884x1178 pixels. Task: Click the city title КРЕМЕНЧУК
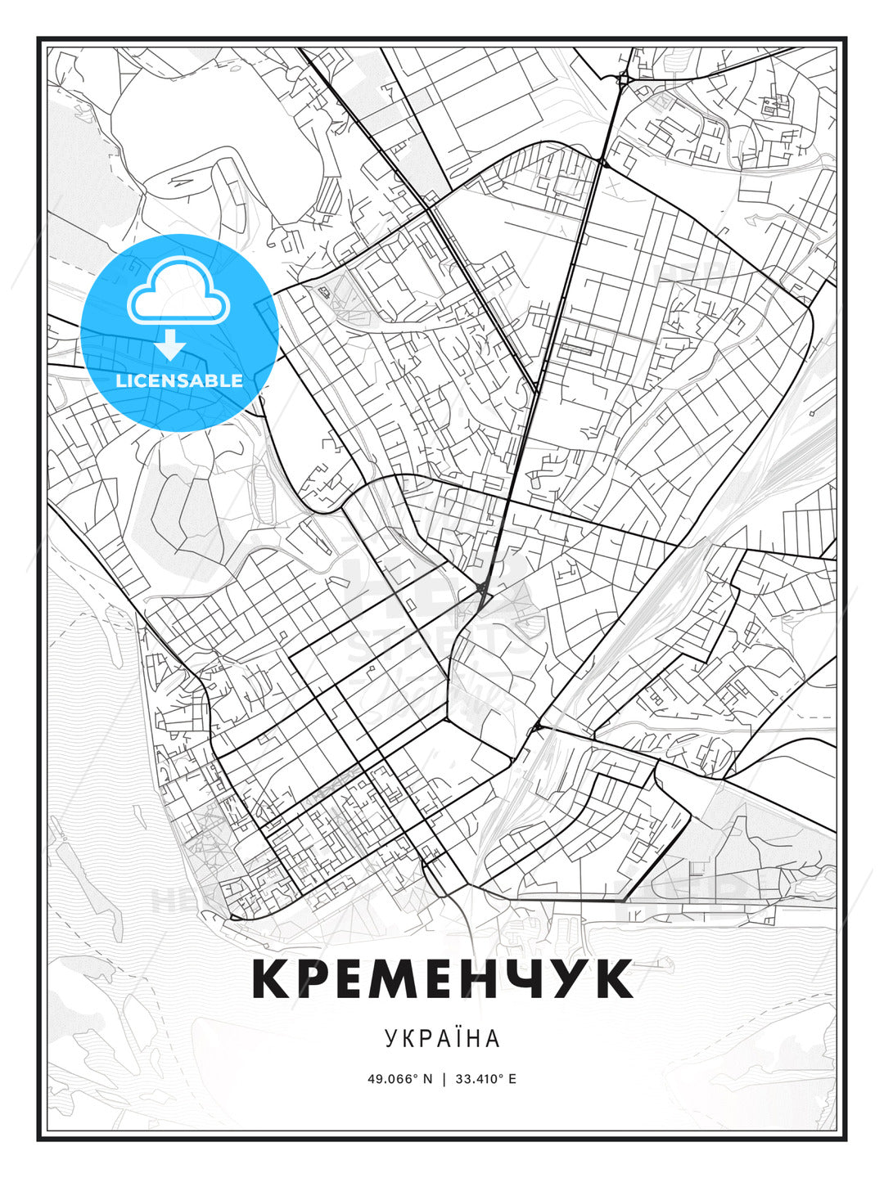click(x=442, y=978)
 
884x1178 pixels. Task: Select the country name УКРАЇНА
click(x=442, y=1038)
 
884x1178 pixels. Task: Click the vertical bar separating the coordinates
click(x=443, y=1078)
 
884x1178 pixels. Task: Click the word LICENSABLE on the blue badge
click(x=179, y=380)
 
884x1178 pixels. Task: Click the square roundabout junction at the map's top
click(x=625, y=79)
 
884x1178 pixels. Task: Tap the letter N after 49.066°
click(x=426, y=1078)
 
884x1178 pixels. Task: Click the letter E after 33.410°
click(x=512, y=1078)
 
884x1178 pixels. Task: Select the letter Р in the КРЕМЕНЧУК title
click(x=314, y=978)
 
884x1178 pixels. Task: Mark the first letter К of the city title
click(x=272, y=978)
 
